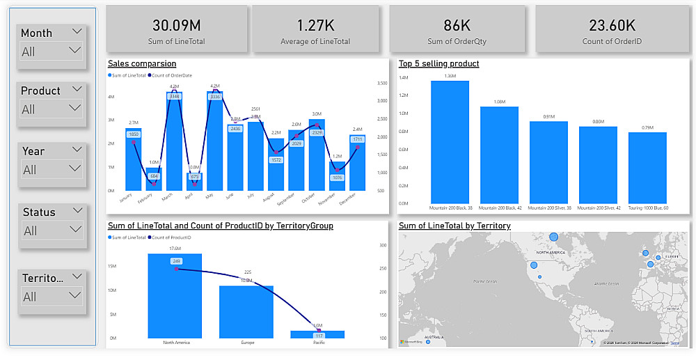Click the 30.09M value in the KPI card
tap(176, 25)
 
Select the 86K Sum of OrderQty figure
tap(457, 25)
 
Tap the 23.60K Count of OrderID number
tap(612, 25)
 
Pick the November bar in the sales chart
tap(337, 178)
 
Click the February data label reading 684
tap(154, 176)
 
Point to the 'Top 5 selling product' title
tap(438, 64)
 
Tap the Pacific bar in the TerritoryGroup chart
tap(317, 334)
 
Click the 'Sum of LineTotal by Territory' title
tap(454, 226)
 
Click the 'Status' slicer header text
tap(39, 212)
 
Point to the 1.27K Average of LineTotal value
tap(315, 25)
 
